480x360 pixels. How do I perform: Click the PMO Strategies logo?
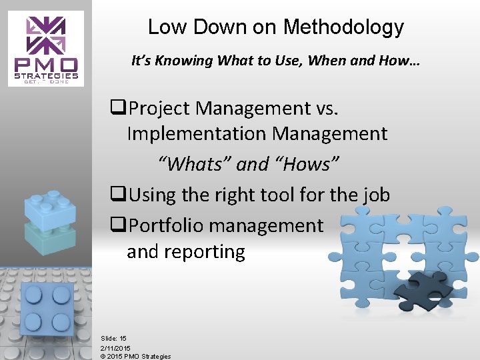[46, 49]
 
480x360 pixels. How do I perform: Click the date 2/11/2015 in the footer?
[116, 348]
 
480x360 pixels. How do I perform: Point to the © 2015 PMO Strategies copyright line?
[135, 356]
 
